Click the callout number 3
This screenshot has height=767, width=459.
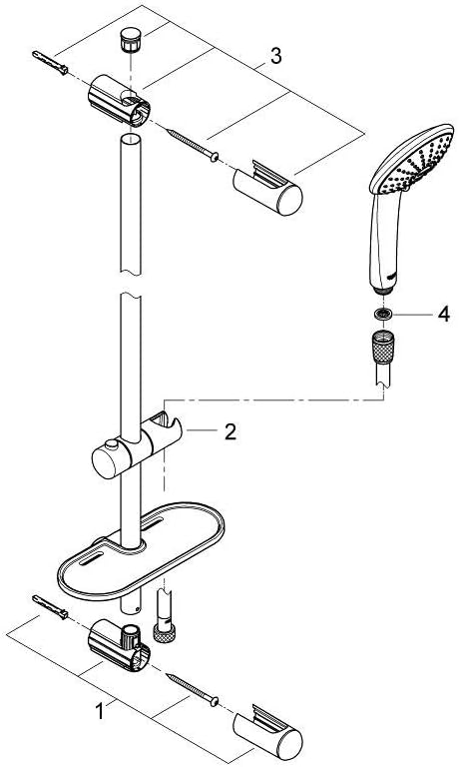276,57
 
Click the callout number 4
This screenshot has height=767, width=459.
443,315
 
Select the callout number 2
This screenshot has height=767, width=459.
230,431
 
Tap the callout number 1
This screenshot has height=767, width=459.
100,711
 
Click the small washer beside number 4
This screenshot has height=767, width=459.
382,314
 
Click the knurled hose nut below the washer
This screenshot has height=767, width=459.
383,347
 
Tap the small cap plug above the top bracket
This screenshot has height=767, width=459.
128,38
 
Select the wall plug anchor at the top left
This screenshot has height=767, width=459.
50,63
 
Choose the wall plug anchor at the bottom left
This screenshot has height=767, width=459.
50,607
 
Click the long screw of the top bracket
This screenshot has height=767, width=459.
193,144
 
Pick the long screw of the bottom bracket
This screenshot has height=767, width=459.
193,690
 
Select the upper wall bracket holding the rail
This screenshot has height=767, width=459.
119,100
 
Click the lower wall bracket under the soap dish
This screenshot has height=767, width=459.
119,645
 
